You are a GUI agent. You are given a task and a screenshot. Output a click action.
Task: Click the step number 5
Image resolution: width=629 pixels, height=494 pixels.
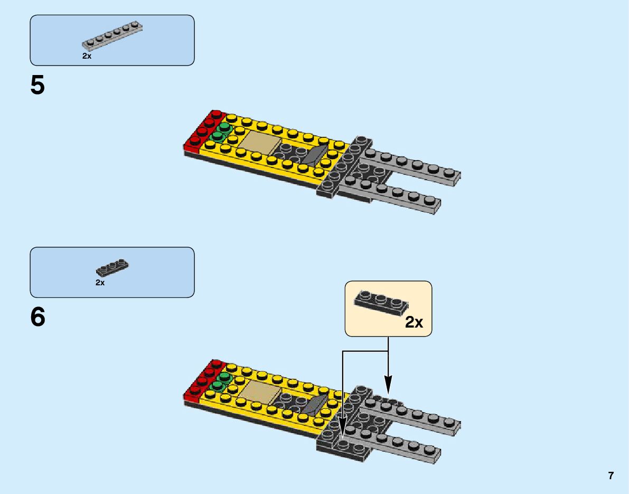click(37, 86)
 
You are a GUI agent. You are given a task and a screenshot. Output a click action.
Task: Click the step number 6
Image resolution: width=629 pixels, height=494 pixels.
click(37, 317)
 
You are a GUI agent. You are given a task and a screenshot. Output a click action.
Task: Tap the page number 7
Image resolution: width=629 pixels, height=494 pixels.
click(611, 476)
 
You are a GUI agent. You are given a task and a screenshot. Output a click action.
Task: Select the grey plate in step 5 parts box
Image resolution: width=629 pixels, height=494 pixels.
click(112, 36)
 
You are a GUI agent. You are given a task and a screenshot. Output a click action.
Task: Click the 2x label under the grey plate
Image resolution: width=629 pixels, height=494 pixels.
click(87, 56)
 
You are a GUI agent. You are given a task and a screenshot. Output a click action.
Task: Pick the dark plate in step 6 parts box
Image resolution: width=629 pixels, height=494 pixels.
click(112, 267)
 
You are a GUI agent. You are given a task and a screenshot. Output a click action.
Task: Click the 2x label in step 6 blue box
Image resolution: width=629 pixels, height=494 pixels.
click(100, 283)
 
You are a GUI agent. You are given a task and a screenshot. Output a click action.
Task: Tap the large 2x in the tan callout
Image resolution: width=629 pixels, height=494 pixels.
click(414, 322)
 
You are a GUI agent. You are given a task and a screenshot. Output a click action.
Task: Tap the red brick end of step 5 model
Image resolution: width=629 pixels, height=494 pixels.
click(203, 130)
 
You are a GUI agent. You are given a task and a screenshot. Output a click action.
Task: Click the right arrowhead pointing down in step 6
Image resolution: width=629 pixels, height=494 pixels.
click(388, 385)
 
